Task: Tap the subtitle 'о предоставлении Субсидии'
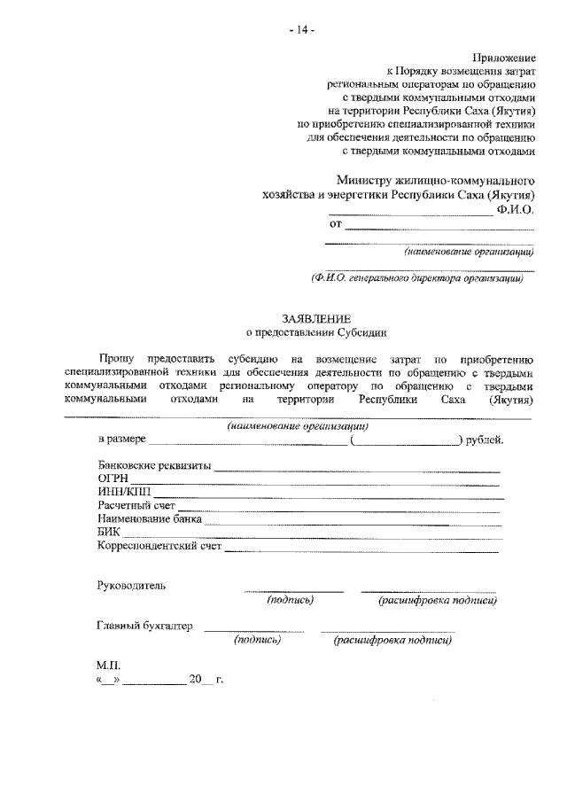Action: pos(316,332)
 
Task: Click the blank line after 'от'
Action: pos(439,227)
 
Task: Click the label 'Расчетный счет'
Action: pos(136,505)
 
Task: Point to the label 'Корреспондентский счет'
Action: pos(159,547)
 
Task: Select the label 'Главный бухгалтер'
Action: pos(144,626)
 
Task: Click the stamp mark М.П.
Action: pos(107,665)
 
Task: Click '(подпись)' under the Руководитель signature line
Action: pos(291,601)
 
